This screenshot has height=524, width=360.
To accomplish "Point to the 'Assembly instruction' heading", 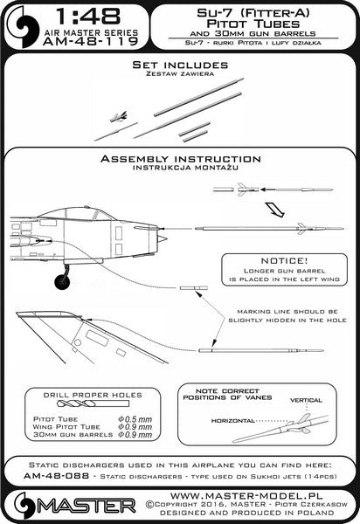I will [180, 160].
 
